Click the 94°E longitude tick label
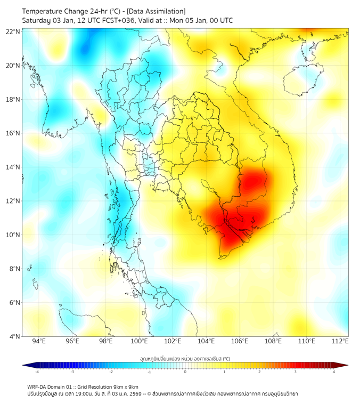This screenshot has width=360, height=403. [x=39, y=341]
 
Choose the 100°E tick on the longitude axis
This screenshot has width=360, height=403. [x=139, y=341]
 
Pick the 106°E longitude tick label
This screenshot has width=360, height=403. [x=240, y=341]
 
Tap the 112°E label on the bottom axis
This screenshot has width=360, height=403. [x=340, y=341]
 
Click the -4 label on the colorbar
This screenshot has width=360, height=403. [x=37, y=372]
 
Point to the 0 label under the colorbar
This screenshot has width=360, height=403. [x=185, y=372]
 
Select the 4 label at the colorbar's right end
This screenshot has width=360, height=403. [x=333, y=372]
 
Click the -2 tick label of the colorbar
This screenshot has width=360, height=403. [x=111, y=372]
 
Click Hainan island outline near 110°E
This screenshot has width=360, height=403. [x=300, y=80]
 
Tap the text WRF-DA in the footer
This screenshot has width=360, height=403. [x=37, y=386]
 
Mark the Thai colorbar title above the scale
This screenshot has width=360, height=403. [x=185, y=359]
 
